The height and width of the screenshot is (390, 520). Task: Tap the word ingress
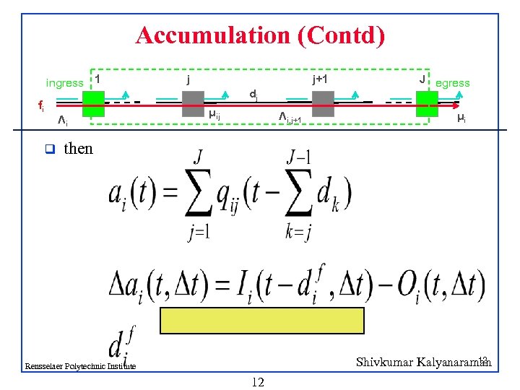64,83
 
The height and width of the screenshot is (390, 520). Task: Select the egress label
453,83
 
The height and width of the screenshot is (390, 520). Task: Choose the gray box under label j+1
323,103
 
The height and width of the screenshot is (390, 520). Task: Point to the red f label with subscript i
40,105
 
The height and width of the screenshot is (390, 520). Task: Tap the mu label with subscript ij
214,114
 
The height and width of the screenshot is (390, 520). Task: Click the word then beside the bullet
78,149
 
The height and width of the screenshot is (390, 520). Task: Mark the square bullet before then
49,149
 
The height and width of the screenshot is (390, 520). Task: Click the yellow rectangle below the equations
262,319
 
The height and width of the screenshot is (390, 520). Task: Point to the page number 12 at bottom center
258,381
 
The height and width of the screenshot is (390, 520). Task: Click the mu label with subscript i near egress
460,118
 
